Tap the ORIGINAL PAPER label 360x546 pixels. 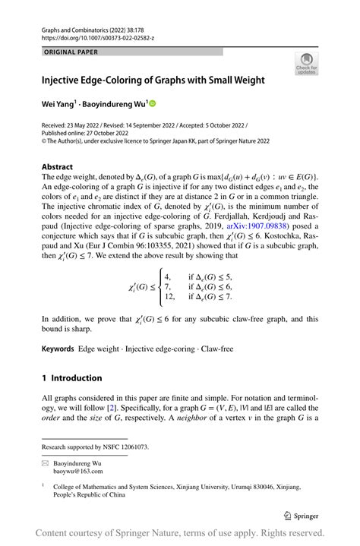tap(71, 52)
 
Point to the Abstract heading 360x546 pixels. tap(58, 167)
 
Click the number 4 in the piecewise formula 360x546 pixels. tap(167, 276)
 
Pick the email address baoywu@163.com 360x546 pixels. tap(77, 471)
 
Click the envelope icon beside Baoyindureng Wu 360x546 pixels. tap(45, 462)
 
